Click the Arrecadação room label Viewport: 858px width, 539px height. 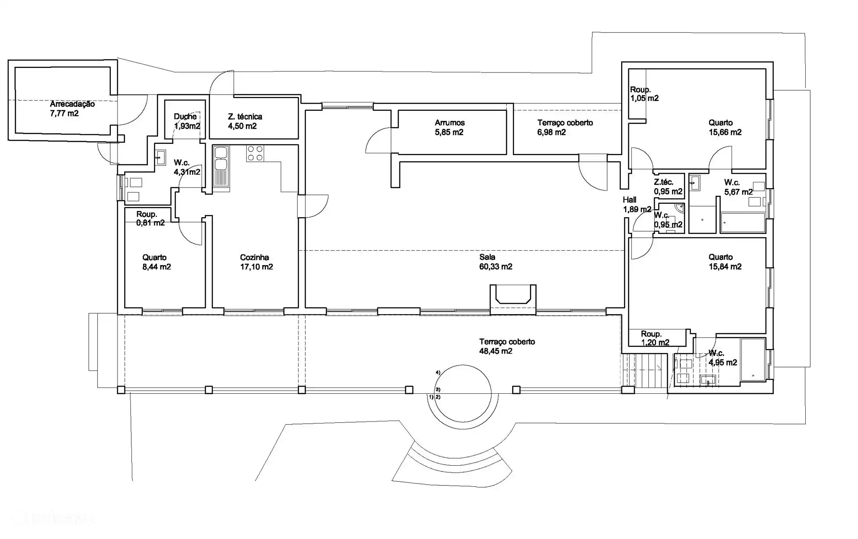click(72, 104)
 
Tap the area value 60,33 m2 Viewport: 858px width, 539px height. click(496, 267)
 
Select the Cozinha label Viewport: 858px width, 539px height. click(254, 257)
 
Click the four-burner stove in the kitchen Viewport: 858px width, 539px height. click(255, 153)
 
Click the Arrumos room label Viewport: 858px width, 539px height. click(450, 122)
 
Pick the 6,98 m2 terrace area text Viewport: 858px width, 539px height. click(551, 132)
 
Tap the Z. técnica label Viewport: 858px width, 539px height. click(245, 117)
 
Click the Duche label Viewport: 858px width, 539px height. click(185, 117)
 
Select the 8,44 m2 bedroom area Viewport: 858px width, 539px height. click(156, 267)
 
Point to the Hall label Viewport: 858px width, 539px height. click(629, 200)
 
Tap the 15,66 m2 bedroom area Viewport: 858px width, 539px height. click(725, 132)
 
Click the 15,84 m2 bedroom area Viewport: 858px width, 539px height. click(725, 267)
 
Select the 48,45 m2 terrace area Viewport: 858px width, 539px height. click(496, 351)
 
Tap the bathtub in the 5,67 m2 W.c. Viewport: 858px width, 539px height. click(743, 223)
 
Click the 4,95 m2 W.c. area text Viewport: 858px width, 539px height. click(723, 363)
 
